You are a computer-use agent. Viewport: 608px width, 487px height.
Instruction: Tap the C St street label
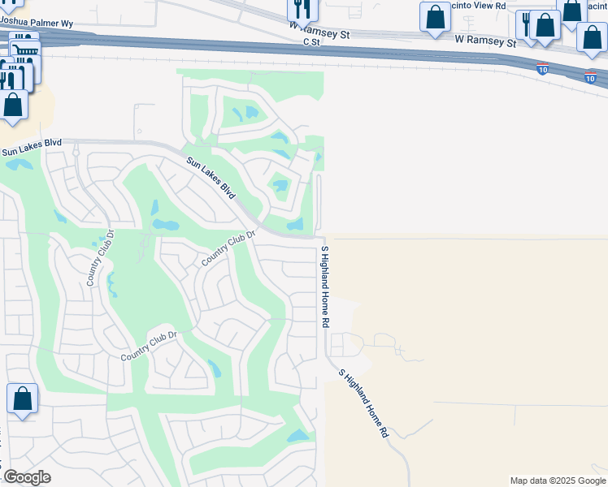[x=313, y=41]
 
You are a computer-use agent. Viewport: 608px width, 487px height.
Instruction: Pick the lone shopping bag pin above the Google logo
[x=22, y=399]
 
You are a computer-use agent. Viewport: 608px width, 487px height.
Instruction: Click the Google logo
[x=28, y=477]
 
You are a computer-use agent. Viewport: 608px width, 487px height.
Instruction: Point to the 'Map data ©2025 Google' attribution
[x=557, y=481]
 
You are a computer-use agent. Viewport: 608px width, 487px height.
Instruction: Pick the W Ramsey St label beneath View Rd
[x=486, y=39]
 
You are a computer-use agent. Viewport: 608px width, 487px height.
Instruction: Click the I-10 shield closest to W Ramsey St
[x=542, y=67]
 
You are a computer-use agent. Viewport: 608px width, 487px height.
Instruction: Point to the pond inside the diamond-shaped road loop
[x=280, y=186]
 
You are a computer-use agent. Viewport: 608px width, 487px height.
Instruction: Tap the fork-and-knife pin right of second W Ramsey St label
[x=528, y=24]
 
